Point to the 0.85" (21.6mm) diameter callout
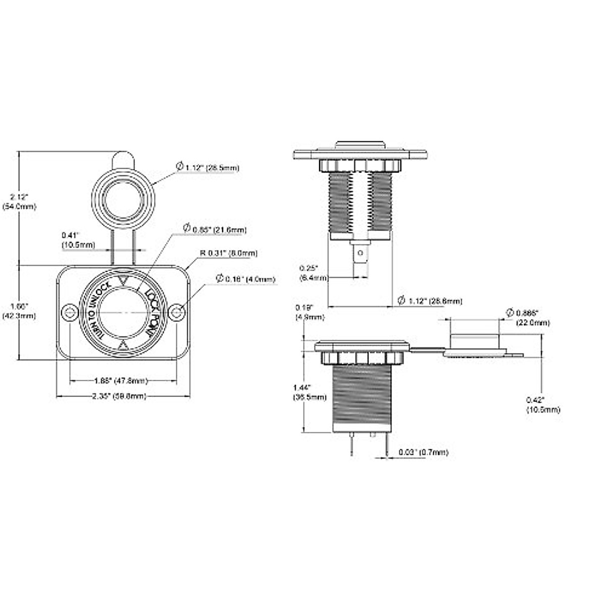coord(215,230)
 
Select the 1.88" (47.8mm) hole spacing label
coord(122,380)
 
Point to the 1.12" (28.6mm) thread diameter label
coord(430,301)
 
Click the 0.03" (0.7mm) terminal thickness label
coord(423,452)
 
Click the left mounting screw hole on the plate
coord(68,313)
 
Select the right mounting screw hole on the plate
coord(176,313)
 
